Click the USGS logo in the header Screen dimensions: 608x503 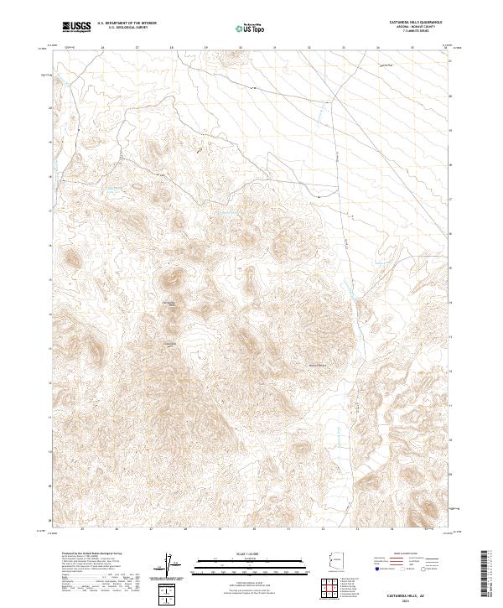[77, 27]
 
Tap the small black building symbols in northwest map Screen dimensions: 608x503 [200, 150]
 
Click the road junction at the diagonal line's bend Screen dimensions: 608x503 [334, 101]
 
